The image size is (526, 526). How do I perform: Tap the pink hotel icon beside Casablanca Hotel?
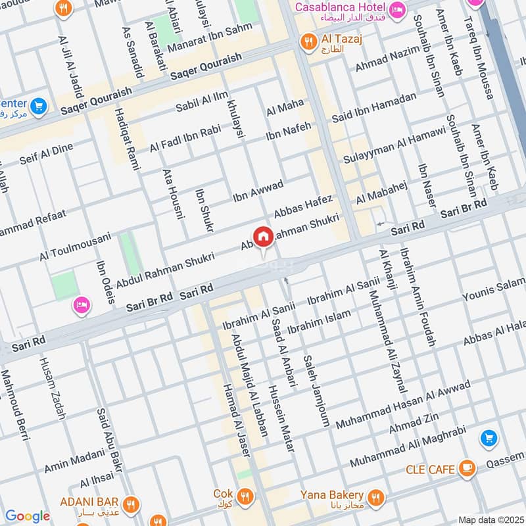pos(397,9)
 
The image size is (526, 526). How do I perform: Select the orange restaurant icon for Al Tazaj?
pos(306,43)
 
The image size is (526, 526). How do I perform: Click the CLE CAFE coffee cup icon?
pos(467,468)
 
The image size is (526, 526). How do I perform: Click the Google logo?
pos(28,516)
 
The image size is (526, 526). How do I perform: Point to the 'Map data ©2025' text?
pos(490,519)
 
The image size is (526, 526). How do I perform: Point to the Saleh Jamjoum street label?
pos(316,391)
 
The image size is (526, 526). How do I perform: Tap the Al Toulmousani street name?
pos(74,245)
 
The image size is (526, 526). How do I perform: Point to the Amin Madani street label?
pos(74,460)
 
